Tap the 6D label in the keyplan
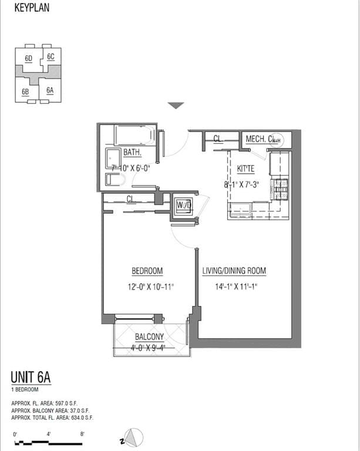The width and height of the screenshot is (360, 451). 28,58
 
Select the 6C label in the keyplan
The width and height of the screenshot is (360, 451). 51,56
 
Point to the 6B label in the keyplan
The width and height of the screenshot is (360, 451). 26,92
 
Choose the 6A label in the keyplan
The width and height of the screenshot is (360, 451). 50,90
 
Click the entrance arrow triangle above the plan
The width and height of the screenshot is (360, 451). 176,106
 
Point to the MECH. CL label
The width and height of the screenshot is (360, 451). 261,139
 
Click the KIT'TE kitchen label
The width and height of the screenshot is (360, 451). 245,169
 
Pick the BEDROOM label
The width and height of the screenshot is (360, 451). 147,271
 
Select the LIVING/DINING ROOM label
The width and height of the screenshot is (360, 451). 234,271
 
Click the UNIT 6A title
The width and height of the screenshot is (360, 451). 31,378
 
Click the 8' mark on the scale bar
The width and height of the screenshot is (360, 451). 83,435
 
